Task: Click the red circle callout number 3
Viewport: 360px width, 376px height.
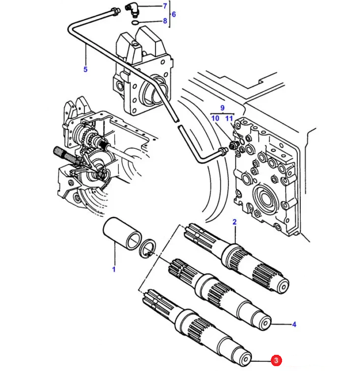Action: [x=276, y=360]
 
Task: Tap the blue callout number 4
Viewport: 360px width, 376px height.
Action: [x=294, y=324]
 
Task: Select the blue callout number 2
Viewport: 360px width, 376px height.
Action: [x=234, y=222]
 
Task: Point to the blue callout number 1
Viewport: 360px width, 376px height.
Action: [x=114, y=269]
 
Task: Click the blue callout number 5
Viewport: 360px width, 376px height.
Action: [x=85, y=69]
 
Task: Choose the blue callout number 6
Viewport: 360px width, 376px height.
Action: [x=174, y=14]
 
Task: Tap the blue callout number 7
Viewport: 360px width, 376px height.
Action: [x=165, y=6]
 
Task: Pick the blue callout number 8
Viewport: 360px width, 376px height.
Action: [x=165, y=21]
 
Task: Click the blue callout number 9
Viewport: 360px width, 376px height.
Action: [x=222, y=108]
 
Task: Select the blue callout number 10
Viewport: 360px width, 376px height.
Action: [x=216, y=118]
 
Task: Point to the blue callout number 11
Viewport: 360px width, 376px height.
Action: [x=229, y=118]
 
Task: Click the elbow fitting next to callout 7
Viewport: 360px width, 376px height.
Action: [x=132, y=9]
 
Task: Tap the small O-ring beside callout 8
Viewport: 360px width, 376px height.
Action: [x=135, y=23]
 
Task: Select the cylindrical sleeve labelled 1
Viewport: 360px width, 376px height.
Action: [x=122, y=233]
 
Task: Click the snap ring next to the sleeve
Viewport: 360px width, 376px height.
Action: [x=147, y=249]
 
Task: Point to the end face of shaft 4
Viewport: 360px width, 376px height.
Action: [x=265, y=323]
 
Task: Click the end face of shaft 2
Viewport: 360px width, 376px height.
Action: [x=283, y=286]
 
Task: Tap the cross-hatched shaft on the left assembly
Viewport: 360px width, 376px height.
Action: [x=65, y=156]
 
